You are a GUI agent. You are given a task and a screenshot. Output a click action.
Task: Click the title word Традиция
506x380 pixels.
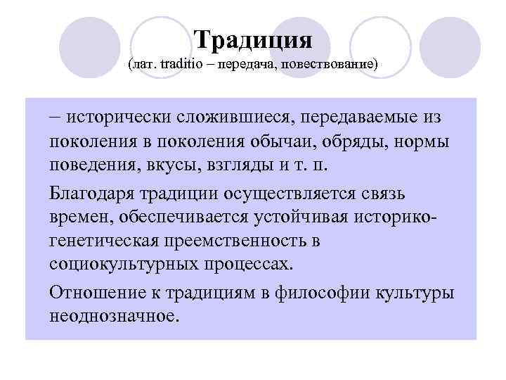(x=252, y=39)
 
